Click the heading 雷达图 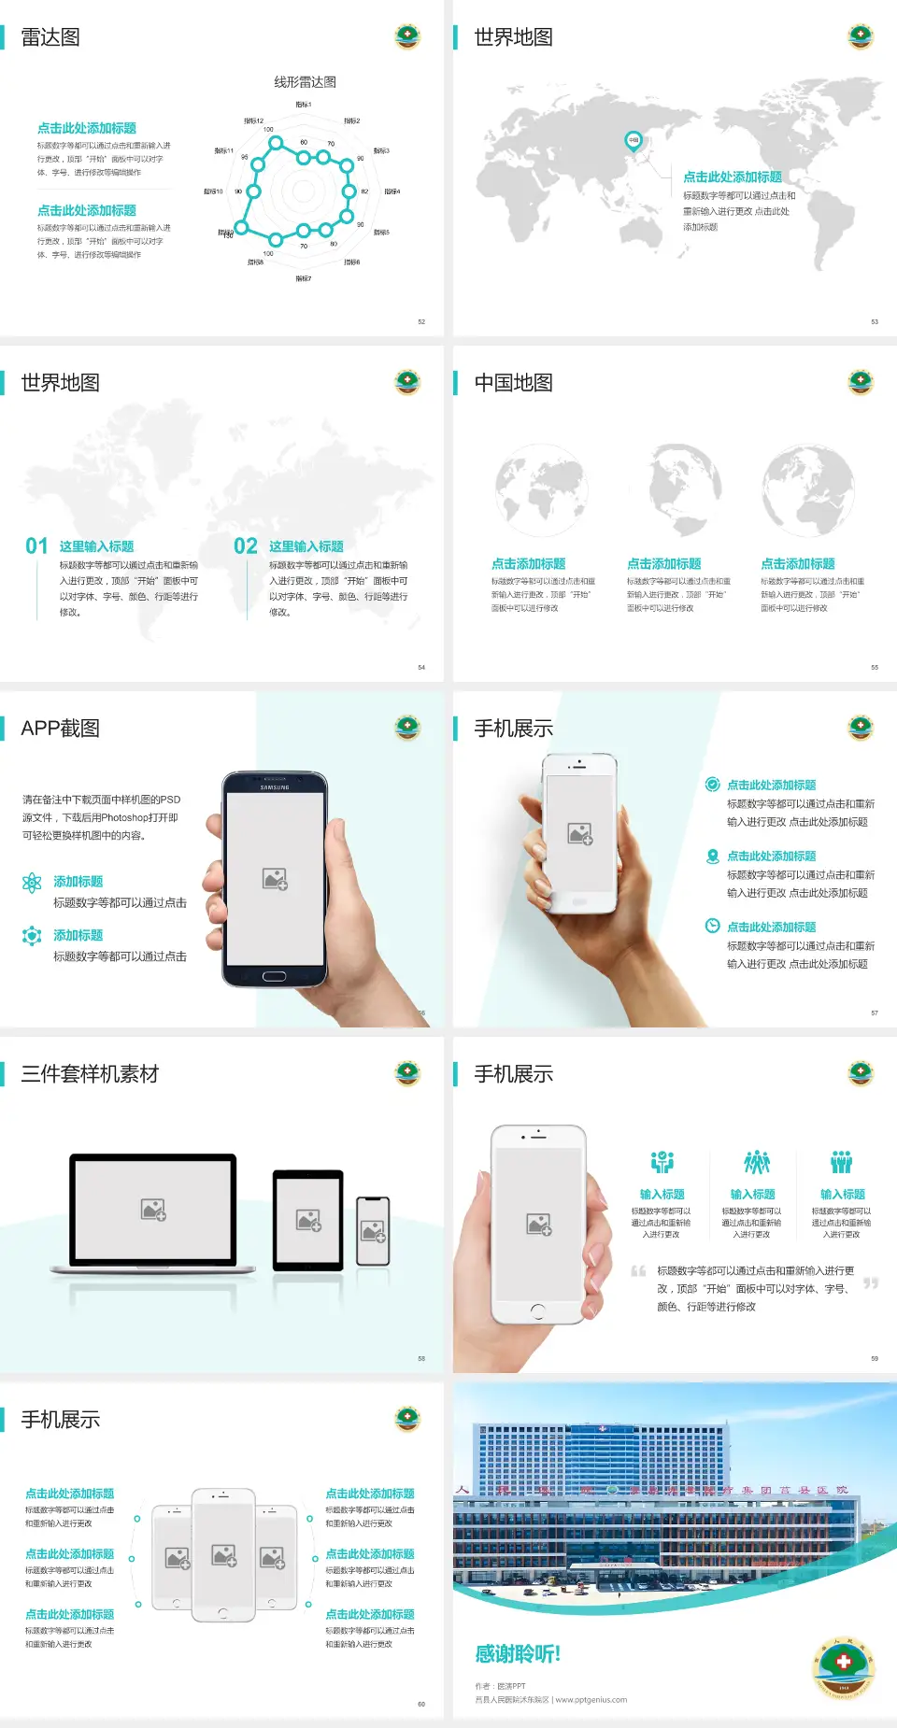point(50,37)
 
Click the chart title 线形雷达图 point(305,82)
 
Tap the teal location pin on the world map point(633,141)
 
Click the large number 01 point(36,546)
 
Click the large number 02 point(246,546)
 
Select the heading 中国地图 point(513,383)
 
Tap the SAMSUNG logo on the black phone point(275,787)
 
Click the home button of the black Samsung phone point(274,976)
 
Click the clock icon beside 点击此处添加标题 point(712,926)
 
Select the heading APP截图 point(60,729)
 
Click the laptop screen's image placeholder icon point(153,1210)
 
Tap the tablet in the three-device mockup point(308,1220)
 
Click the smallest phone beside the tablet point(373,1231)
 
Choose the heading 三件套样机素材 point(90,1074)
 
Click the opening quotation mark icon point(638,1271)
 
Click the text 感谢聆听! point(518,1654)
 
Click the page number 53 point(875,321)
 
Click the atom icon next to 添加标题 point(32,883)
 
